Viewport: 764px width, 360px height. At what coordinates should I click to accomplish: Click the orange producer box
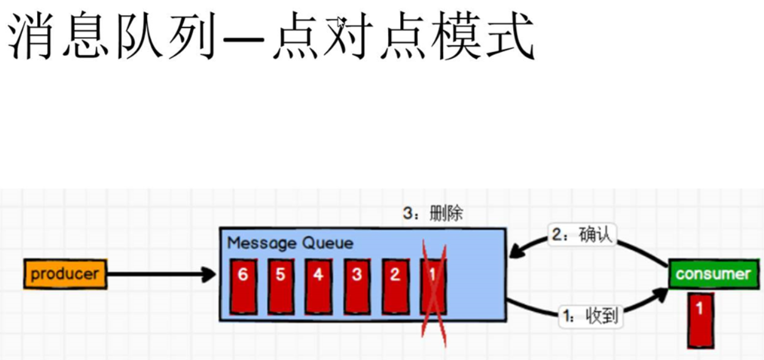(65, 274)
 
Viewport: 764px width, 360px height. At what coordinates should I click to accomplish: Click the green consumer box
(713, 274)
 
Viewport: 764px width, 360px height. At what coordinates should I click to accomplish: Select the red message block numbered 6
(243, 286)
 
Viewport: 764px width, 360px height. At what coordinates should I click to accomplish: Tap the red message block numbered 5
(281, 286)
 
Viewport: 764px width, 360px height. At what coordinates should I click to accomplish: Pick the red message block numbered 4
(319, 286)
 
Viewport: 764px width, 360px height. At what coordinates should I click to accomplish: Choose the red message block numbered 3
(356, 286)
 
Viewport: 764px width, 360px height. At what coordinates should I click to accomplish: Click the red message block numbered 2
(395, 286)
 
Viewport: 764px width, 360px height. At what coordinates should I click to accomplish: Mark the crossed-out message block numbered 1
(433, 286)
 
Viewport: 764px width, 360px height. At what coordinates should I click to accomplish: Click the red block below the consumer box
(700, 320)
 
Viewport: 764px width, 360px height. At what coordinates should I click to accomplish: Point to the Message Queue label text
(290, 243)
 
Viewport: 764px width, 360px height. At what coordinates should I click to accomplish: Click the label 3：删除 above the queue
(432, 213)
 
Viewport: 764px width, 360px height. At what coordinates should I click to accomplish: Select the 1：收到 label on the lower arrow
(591, 316)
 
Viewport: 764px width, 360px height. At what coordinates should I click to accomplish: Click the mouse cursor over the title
(341, 23)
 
